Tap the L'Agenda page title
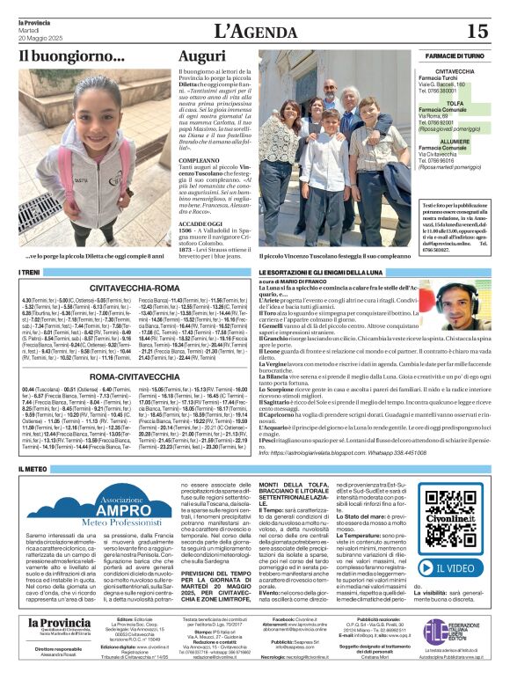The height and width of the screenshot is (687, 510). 256,31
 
